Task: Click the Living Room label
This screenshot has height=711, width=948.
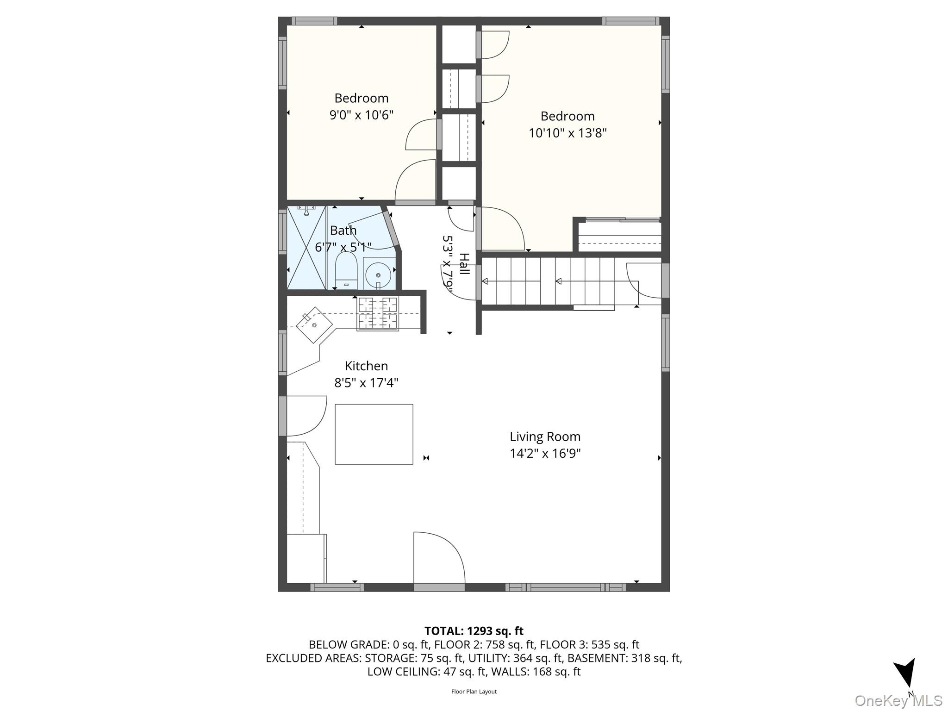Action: point(545,437)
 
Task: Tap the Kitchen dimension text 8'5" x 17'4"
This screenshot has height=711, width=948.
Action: point(366,383)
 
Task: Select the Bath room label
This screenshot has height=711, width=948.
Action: point(343,230)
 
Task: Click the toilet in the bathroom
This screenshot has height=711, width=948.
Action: point(346,270)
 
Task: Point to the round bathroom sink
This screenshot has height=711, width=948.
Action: point(379,275)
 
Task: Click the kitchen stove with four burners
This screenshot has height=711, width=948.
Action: point(378,314)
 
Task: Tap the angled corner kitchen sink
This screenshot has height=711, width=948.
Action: point(314,324)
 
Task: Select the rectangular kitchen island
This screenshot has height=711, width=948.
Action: point(374,434)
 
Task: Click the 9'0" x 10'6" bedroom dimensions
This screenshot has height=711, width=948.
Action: point(361,115)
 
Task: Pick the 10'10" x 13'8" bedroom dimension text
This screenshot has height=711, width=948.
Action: point(568,133)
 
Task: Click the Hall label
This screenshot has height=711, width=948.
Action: point(464,264)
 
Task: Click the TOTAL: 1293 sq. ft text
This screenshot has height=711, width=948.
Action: point(474,631)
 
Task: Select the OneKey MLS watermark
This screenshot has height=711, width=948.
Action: point(898,700)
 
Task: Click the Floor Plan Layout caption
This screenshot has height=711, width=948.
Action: point(474,692)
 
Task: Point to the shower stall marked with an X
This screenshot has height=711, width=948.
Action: point(306,248)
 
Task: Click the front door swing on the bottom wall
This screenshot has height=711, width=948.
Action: point(438,560)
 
